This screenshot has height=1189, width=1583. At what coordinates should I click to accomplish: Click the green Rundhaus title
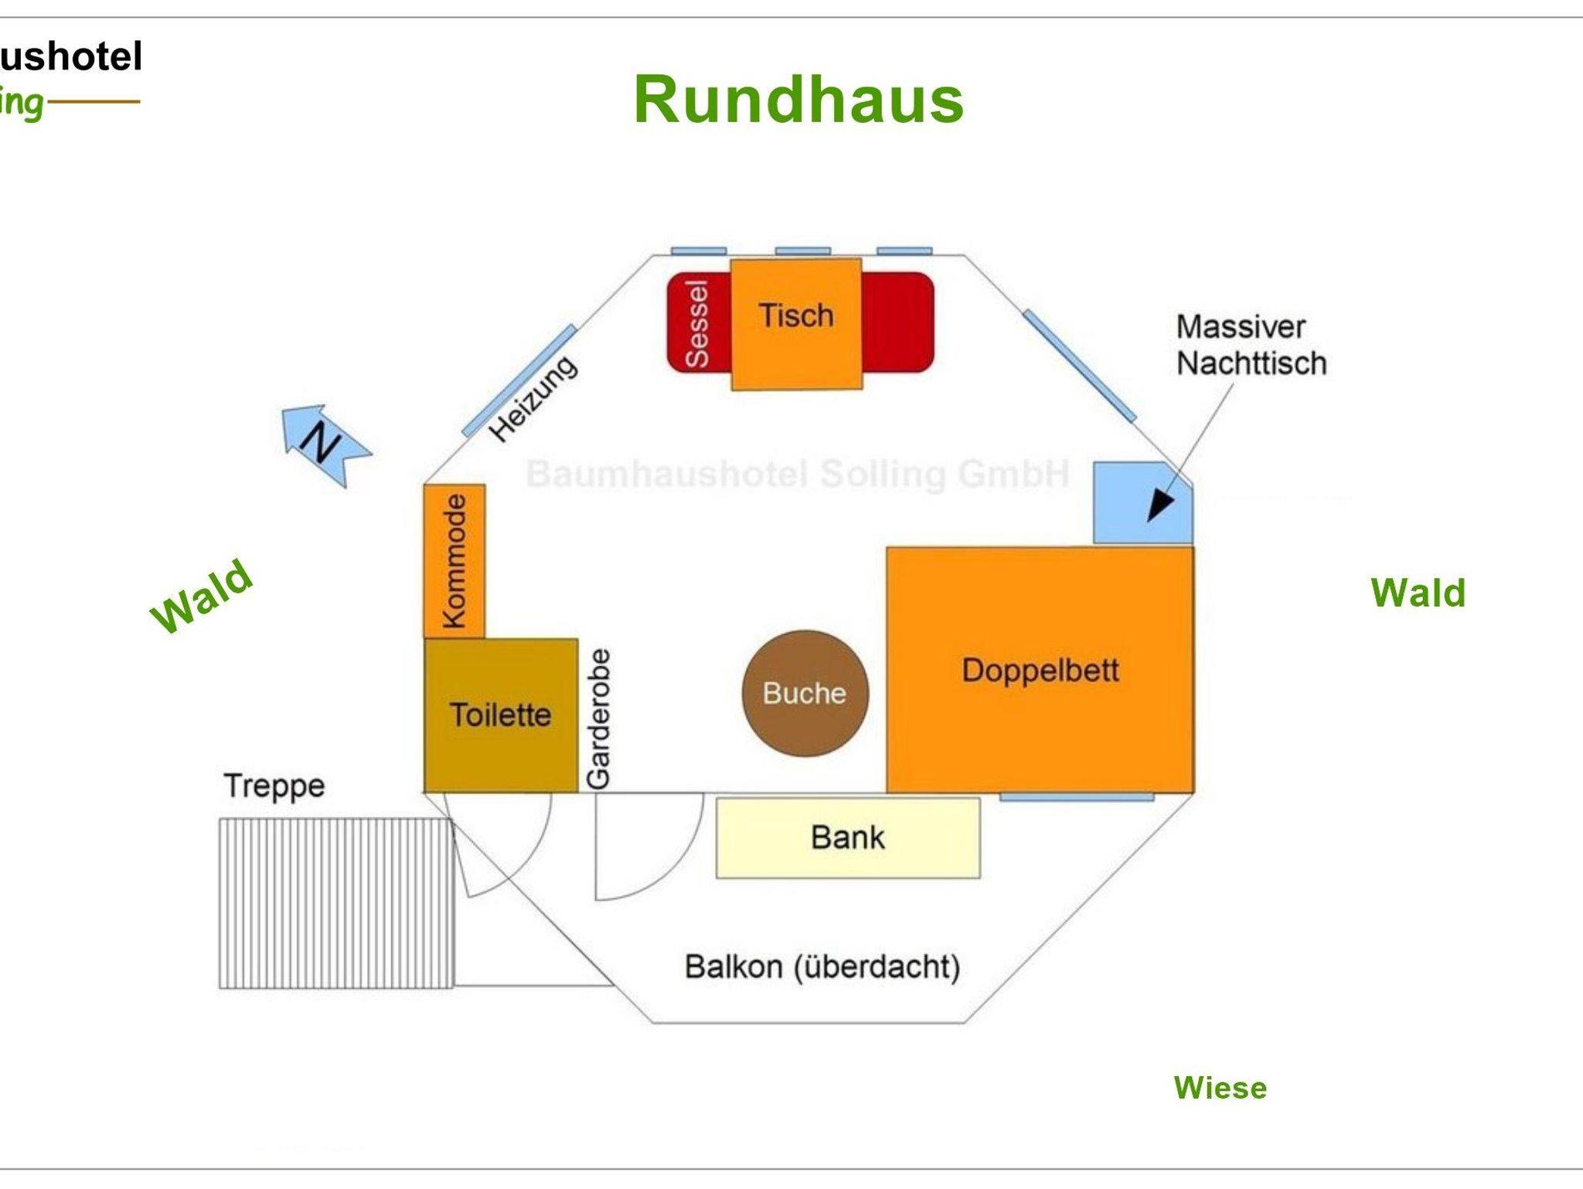point(798,100)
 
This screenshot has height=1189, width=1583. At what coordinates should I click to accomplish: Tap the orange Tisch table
point(796,324)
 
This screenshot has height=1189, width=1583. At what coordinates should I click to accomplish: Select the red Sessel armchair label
point(697,323)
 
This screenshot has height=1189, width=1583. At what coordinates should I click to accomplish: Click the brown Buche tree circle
point(805,693)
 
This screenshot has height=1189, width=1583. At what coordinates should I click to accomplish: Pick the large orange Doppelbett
point(1040,669)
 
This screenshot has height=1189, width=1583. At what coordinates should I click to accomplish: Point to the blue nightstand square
point(1140,503)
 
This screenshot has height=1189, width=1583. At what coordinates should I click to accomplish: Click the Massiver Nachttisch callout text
point(1251,345)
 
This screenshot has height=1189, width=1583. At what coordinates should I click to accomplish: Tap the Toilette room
point(501,715)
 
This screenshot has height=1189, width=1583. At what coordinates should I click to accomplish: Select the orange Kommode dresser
point(454,560)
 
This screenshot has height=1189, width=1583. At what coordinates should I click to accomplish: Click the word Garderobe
point(599,719)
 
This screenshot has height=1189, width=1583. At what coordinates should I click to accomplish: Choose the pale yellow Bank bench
point(848,837)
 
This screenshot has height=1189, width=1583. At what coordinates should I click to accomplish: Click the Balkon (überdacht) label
point(822,966)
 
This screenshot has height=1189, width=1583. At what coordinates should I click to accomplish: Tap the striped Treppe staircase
point(335,903)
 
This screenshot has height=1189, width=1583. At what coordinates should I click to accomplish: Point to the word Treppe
point(274,786)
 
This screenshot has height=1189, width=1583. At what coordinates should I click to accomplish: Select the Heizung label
point(533,399)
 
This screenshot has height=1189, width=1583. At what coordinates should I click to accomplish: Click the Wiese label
point(1220,1088)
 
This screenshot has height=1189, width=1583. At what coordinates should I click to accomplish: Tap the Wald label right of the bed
point(1418,593)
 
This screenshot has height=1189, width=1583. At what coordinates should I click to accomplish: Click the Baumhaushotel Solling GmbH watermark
point(798,473)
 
